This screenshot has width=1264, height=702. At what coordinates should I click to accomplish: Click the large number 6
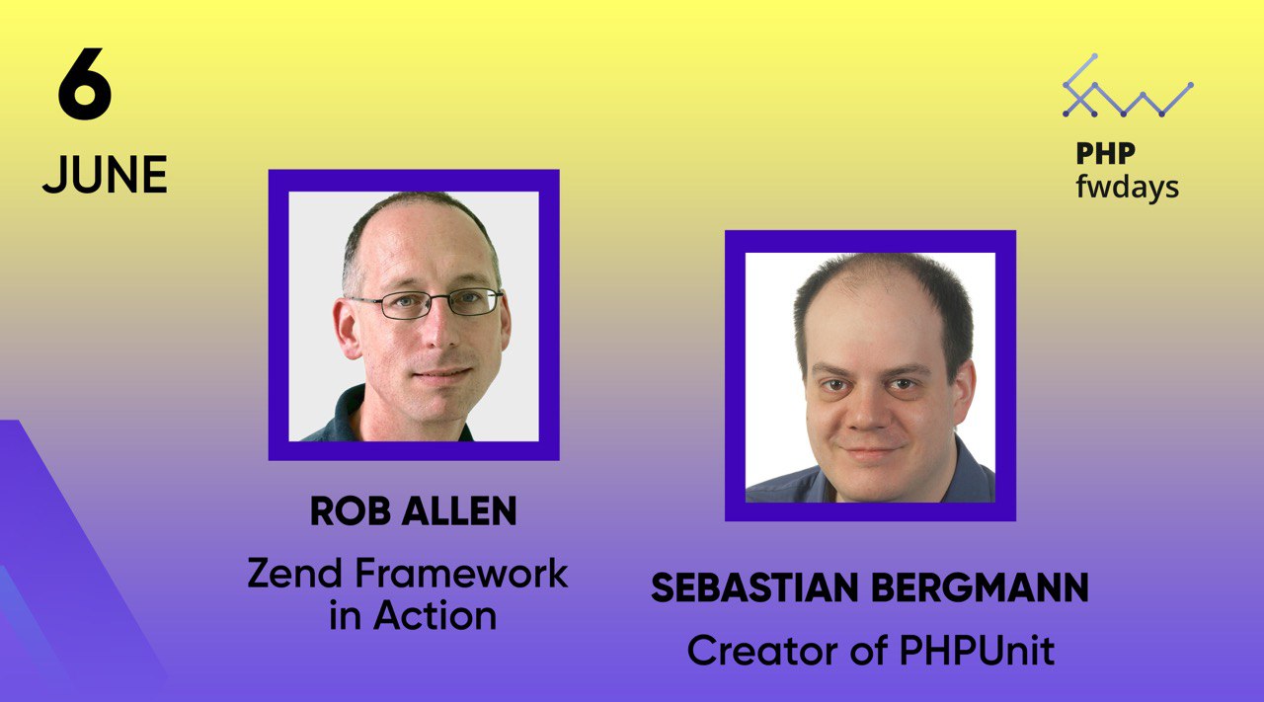click(85, 84)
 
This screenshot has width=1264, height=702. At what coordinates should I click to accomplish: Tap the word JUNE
click(105, 175)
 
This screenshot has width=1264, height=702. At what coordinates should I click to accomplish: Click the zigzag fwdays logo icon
click(1128, 86)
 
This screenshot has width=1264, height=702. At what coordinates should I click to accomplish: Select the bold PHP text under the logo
click(1105, 153)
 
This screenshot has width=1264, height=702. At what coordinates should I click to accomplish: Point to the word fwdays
click(1127, 188)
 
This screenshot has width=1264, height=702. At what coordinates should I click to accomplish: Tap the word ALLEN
click(459, 511)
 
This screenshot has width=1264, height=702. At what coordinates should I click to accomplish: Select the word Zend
click(294, 574)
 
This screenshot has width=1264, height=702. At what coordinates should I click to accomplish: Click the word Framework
click(461, 574)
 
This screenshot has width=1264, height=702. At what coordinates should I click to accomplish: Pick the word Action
click(434, 615)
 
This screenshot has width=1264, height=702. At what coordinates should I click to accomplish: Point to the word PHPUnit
click(978, 651)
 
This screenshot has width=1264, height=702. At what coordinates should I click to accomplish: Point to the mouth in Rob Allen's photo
click(442, 373)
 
